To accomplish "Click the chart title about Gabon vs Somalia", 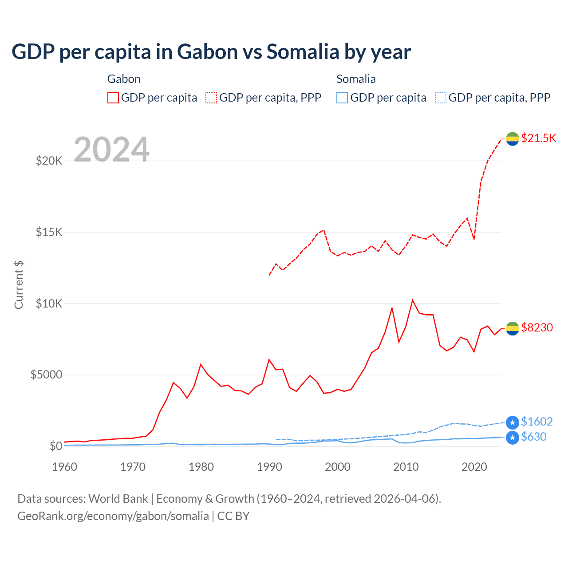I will (x=211, y=52).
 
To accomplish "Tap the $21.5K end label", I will (x=538, y=138).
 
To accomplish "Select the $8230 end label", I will (x=537, y=327).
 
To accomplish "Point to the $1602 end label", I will (x=537, y=422).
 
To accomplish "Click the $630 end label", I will (x=534, y=437).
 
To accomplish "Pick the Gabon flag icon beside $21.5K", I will (x=513, y=139).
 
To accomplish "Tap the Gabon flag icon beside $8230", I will (x=513, y=328).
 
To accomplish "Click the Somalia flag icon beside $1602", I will (x=513, y=422).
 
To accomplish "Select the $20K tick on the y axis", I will (x=49, y=161).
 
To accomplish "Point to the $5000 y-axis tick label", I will (x=46, y=375).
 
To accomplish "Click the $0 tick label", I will (x=55, y=446).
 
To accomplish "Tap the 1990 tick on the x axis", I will (x=269, y=467).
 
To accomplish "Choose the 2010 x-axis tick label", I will (x=406, y=467).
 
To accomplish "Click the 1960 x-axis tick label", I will (x=65, y=467).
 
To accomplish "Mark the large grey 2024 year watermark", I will (x=111, y=150).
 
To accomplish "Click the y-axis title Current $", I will (x=19, y=285).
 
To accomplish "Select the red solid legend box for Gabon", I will (x=113, y=98).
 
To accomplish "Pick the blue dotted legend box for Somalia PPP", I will (x=441, y=98).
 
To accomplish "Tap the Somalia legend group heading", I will (x=356, y=79).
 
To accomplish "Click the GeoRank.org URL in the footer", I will (x=113, y=516).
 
